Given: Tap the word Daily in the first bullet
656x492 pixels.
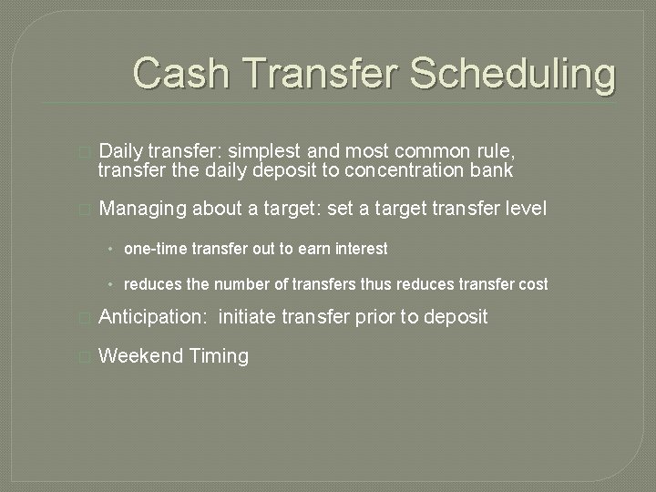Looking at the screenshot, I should [120, 150].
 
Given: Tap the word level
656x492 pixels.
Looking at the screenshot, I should [523, 209].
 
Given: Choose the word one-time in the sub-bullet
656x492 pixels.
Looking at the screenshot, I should [153, 249].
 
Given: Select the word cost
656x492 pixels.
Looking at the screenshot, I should [532, 284].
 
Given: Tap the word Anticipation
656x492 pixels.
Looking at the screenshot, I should [151, 317].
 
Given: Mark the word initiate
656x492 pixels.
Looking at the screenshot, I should [249, 317].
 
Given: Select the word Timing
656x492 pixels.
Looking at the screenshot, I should [219, 356].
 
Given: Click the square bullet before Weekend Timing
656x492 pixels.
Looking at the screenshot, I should [85, 357].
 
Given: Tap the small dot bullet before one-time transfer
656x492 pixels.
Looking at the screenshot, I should [109, 249].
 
